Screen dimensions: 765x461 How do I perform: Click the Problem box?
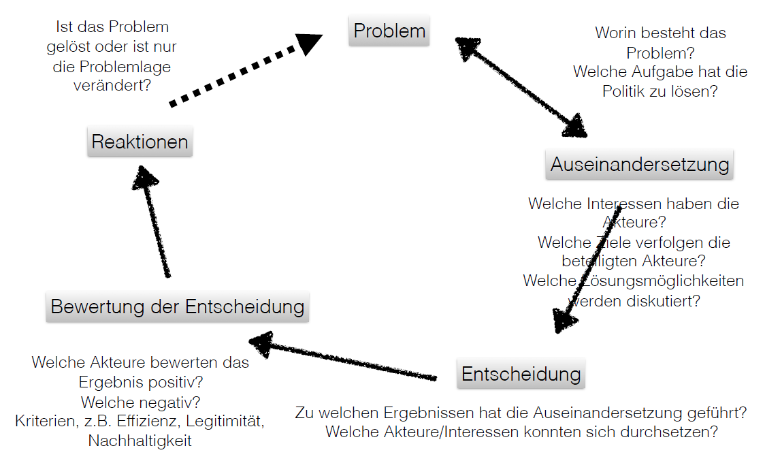[389, 31]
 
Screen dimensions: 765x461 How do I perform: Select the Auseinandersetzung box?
[639, 164]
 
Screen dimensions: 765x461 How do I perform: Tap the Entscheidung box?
[521, 374]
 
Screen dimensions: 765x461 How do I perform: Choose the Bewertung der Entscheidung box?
[178, 306]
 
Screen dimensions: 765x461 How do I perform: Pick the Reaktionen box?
[140, 142]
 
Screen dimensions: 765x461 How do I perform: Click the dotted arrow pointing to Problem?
[246, 69]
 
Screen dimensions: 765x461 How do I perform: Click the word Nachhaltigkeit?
[140, 441]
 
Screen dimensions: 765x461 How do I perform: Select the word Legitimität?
[225, 421]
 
